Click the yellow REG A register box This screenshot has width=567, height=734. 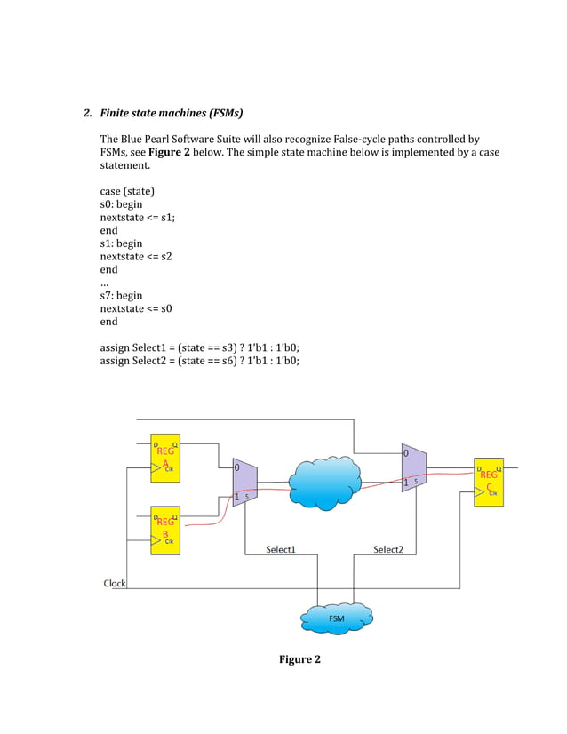[x=165, y=459]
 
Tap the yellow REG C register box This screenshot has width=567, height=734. [x=488, y=483]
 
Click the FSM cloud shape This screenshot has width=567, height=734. [x=337, y=618]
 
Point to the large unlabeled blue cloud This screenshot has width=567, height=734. [x=324, y=483]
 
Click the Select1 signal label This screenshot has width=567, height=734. [x=281, y=549]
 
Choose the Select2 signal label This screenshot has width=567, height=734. [x=387, y=549]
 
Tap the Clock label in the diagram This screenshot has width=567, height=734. [x=115, y=584]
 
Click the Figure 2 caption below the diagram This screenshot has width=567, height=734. [x=299, y=659]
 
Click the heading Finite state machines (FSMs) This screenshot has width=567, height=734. [x=171, y=113]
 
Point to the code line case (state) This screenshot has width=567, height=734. [x=132, y=191]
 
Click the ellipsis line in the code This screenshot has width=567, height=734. [x=104, y=283]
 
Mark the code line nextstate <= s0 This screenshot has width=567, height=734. [x=136, y=308]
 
